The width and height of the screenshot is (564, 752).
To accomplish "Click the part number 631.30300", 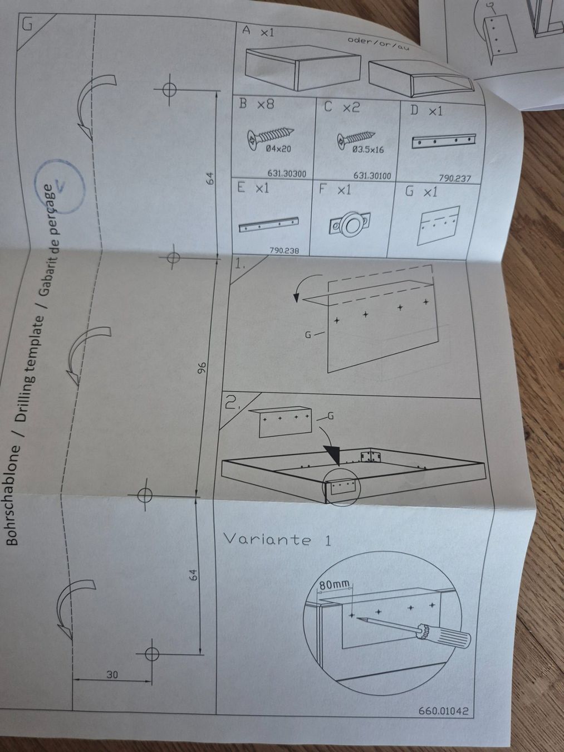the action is point(287,174).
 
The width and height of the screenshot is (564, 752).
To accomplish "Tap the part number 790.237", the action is point(455,178).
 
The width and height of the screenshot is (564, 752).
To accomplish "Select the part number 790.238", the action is point(284,251).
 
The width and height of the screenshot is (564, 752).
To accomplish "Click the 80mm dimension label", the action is point(335,585).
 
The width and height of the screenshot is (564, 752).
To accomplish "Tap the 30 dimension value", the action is point(112,675).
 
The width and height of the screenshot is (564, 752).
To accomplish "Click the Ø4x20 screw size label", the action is point(279,149).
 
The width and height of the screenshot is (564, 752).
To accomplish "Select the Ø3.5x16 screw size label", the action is point(368,150).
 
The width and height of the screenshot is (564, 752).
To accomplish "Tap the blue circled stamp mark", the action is point(60,187).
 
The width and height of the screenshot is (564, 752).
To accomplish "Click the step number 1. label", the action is point(239,265).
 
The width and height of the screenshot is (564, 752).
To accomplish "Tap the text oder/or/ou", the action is point(378,43).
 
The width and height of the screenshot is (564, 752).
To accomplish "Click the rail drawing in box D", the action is point(443,141).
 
